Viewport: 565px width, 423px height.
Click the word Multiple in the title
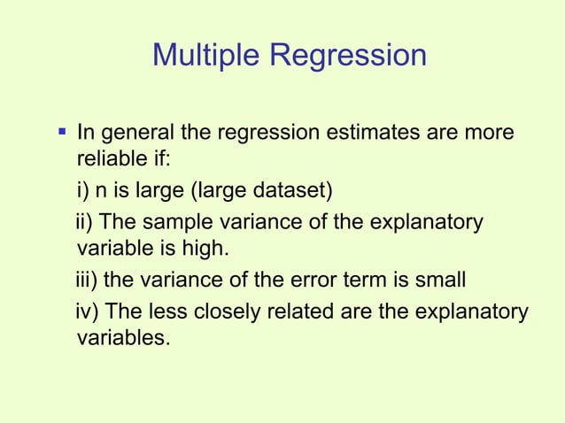207,55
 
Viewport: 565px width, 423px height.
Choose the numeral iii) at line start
87,281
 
